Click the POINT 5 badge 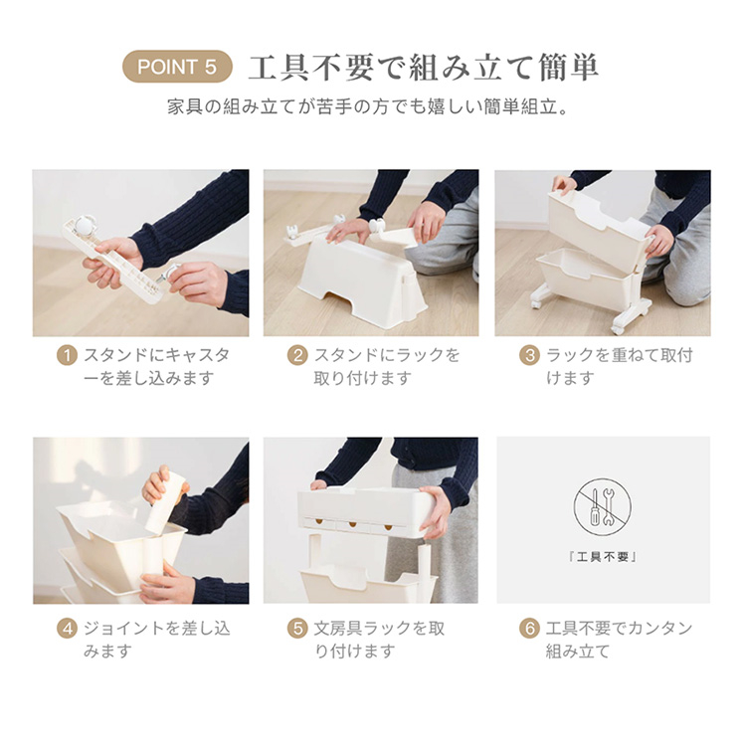[177, 67]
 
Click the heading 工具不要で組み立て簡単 [424, 67]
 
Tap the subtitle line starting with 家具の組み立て [368, 106]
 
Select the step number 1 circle [67, 355]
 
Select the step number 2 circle [297, 355]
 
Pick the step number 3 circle [529, 355]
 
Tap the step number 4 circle [67, 629]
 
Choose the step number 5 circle [297, 629]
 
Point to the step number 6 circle [529, 629]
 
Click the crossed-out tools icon [603, 507]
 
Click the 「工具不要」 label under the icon [603, 557]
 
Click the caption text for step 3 [619, 366]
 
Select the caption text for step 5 [379, 640]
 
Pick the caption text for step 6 [619, 640]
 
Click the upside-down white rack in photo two [363, 282]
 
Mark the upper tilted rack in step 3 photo [599, 230]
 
